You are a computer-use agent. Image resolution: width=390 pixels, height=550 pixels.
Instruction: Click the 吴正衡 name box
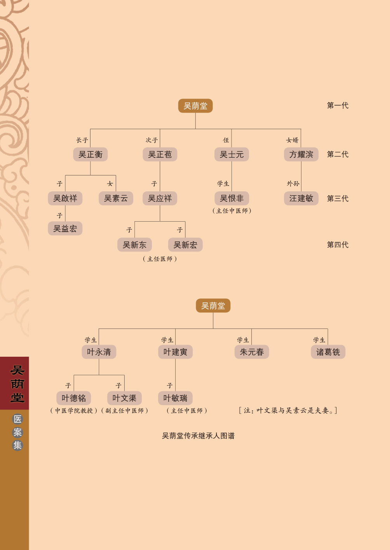click(90, 154)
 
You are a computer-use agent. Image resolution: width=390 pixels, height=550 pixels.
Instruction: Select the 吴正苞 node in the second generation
click(160, 154)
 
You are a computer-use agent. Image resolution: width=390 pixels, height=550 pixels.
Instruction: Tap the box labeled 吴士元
click(232, 154)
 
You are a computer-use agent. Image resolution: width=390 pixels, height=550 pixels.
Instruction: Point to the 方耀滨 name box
click(301, 154)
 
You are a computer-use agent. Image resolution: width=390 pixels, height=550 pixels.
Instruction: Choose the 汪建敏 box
click(301, 198)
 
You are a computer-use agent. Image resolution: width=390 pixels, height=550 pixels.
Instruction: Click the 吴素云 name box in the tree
click(116, 198)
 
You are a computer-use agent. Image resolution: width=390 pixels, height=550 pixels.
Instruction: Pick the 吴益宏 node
click(65, 228)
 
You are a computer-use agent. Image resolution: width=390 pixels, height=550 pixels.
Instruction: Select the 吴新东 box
click(134, 245)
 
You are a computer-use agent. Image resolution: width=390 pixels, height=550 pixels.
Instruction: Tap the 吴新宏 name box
click(185, 245)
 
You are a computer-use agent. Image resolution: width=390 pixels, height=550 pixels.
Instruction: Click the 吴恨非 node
click(232, 198)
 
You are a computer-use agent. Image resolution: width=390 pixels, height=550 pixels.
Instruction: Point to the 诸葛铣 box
click(328, 352)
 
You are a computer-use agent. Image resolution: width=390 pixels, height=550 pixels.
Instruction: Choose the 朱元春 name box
click(252, 352)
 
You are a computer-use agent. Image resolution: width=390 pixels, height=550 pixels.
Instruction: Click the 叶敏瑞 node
click(175, 398)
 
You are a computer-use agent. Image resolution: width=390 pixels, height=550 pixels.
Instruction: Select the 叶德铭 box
click(74, 398)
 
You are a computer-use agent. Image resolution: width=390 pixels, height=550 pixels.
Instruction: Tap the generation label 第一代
click(338, 105)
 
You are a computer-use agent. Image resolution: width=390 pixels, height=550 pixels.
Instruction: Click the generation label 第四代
click(338, 245)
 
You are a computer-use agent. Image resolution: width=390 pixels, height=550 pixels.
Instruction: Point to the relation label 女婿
click(292, 140)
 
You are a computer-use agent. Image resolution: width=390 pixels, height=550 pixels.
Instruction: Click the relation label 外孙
click(293, 184)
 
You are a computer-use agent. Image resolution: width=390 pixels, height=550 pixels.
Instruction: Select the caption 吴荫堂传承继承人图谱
click(198, 436)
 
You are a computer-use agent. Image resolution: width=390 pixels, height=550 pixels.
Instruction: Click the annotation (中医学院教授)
click(74, 411)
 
